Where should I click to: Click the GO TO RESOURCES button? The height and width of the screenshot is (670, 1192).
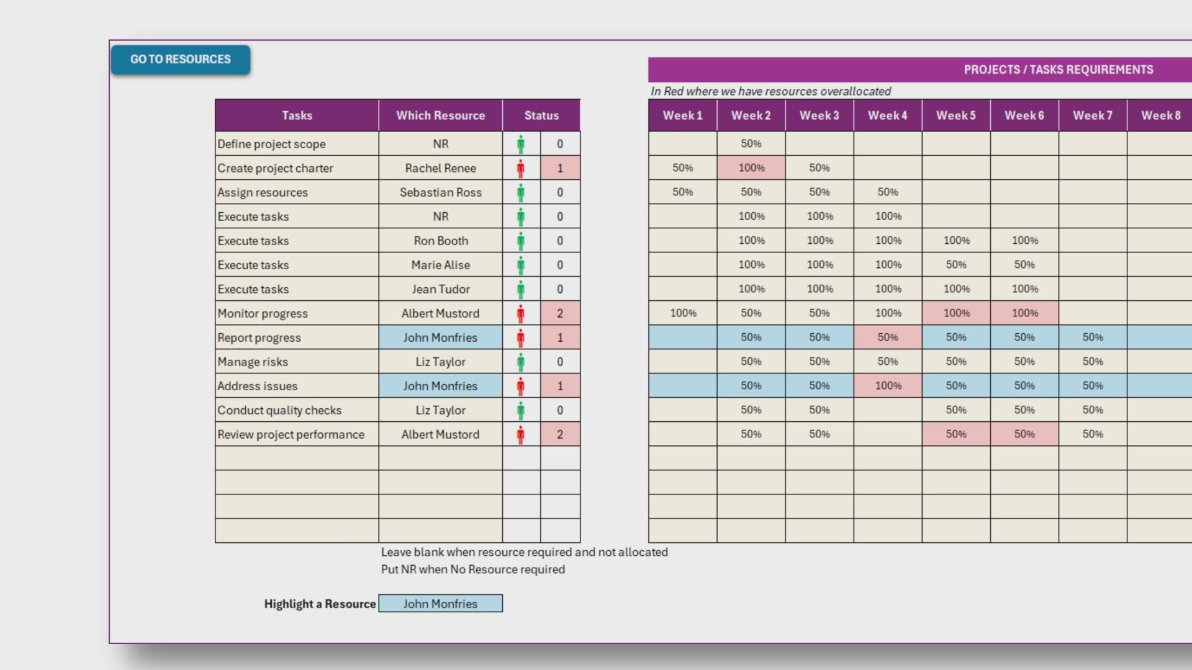click(x=180, y=60)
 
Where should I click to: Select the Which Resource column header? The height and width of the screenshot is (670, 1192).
click(x=440, y=115)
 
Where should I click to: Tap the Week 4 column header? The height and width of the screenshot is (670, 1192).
click(x=887, y=115)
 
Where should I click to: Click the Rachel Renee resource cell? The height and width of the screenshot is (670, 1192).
click(x=440, y=168)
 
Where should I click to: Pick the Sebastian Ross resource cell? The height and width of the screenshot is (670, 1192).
click(x=440, y=192)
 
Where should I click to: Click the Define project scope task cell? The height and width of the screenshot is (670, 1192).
click(x=271, y=144)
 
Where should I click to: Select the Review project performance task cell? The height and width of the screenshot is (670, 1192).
click(x=291, y=434)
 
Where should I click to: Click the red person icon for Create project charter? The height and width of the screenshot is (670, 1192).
click(x=521, y=168)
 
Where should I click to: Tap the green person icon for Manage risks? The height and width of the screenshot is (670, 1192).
click(x=521, y=362)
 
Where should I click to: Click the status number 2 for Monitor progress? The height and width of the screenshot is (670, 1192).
click(x=560, y=313)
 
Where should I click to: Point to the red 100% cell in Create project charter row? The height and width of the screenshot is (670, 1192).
click(x=751, y=168)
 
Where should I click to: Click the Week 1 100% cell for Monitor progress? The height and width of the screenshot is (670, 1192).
click(x=683, y=313)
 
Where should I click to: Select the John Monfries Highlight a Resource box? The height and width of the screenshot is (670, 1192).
click(x=440, y=604)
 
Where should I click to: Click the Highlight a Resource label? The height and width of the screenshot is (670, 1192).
click(x=320, y=604)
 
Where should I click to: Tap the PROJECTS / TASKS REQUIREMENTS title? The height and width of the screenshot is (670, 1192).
click(x=1058, y=69)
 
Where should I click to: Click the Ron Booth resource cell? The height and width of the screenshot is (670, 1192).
click(x=440, y=241)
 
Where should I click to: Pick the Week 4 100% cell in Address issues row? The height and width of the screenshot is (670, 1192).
click(x=888, y=386)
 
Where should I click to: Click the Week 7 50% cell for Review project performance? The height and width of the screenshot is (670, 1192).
click(x=1093, y=434)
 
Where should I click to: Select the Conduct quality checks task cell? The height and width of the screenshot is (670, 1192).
click(x=279, y=410)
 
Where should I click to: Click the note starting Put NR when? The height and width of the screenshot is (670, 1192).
click(x=472, y=569)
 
